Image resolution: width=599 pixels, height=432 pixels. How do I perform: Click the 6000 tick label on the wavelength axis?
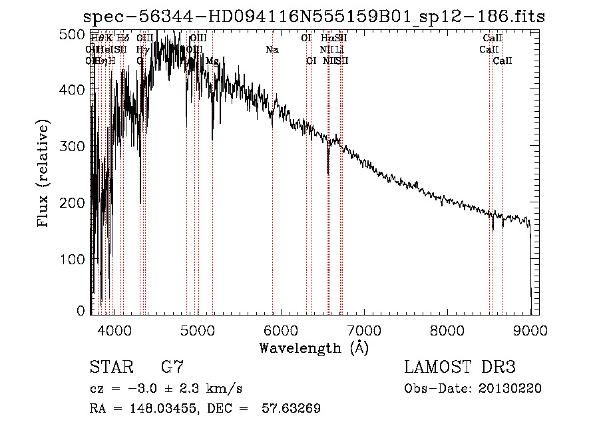pyautogui.click(x=280, y=329)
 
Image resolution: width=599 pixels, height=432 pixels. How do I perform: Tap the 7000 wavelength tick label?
pyautogui.click(x=363, y=329)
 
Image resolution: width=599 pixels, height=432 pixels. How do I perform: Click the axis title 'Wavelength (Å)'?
pyautogui.click(x=313, y=347)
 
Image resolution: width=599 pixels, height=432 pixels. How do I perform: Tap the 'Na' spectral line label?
pyautogui.click(x=272, y=50)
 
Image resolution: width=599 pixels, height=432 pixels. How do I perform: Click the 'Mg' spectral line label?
pyautogui.click(x=212, y=61)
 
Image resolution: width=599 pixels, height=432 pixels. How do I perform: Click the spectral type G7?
pyautogui.click(x=172, y=367)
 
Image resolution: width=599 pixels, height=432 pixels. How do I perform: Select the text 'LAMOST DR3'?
pyautogui.click(x=460, y=367)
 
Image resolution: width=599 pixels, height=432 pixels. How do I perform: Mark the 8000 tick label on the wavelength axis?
pyautogui.click(x=447, y=329)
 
